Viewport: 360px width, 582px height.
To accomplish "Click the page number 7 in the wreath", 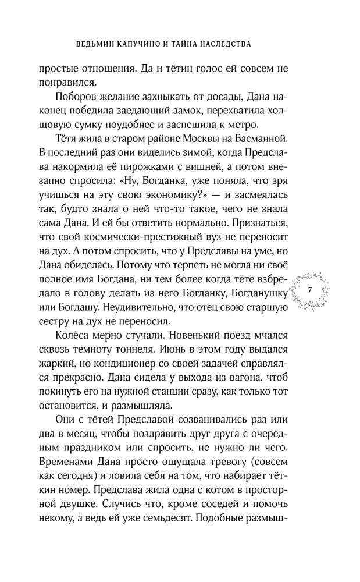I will (309, 290).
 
